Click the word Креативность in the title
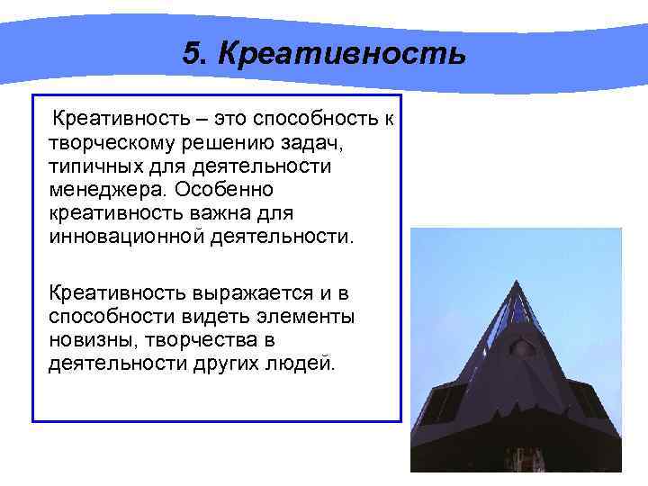click(341, 53)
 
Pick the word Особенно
click(229, 191)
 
